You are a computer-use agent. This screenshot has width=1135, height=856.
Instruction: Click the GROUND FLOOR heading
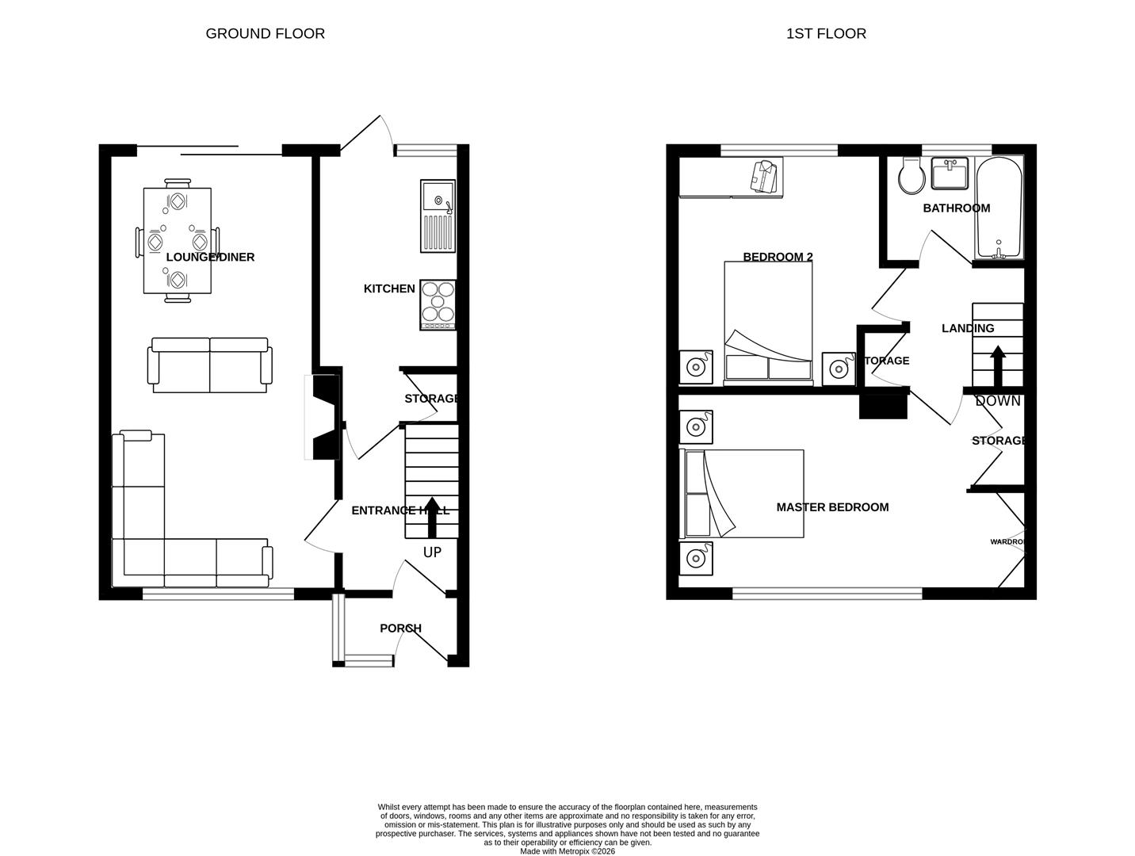click(265, 33)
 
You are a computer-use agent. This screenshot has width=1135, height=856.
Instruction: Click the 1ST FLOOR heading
click(826, 33)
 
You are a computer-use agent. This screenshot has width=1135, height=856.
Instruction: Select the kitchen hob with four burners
click(438, 304)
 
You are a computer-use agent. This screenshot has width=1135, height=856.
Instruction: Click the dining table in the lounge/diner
click(178, 239)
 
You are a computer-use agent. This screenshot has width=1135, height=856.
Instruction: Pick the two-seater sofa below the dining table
click(210, 365)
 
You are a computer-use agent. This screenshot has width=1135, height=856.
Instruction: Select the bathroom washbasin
click(949, 173)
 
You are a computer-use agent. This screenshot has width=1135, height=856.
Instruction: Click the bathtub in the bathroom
click(999, 208)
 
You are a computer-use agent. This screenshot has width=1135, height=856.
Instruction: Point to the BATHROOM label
click(956, 208)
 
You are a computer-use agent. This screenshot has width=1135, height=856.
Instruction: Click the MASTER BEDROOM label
click(832, 507)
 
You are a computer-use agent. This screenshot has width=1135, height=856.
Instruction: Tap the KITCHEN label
click(389, 289)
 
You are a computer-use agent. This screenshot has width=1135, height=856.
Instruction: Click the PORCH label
click(400, 629)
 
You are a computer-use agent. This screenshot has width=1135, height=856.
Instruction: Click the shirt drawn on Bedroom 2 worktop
click(764, 176)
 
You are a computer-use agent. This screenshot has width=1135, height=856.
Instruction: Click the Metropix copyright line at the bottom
click(567, 851)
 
